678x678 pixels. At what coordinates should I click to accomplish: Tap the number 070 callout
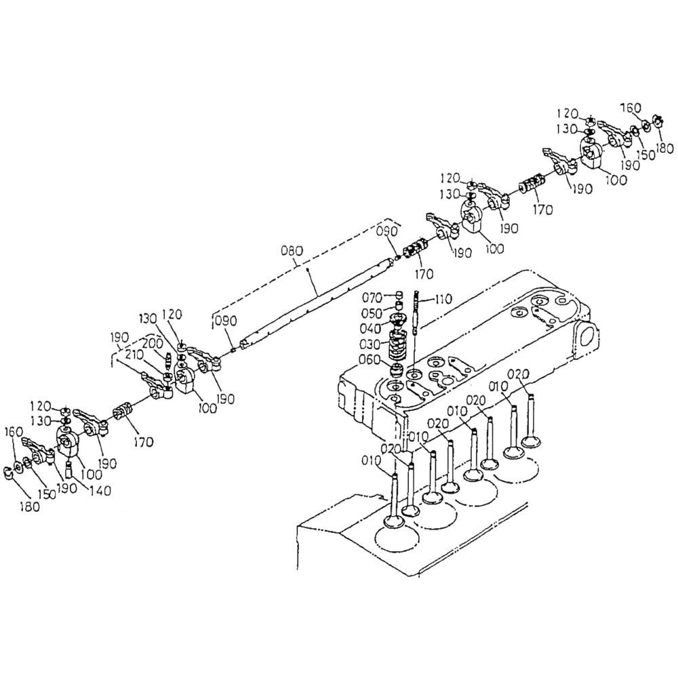point(372,298)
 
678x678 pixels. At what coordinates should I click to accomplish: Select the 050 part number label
point(372,313)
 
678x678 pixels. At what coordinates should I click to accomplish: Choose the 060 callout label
point(369,359)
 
